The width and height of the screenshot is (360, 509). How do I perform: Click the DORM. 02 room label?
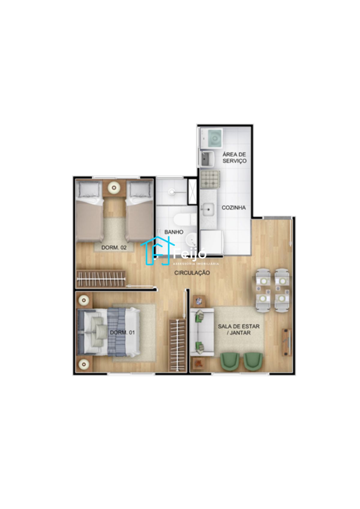coord(114,248)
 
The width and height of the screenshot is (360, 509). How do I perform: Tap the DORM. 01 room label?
coord(122,333)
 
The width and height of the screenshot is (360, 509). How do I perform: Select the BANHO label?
coord(174,232)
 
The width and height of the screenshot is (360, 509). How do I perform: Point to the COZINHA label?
coord(234,208)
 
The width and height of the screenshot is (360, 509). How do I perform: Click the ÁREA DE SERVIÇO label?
coord(234,157)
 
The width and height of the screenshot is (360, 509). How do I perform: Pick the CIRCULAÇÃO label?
coord(192,273)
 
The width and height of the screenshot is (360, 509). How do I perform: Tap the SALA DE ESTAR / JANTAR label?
coord(238,329)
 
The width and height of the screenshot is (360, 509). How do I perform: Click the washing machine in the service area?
coord(211,138)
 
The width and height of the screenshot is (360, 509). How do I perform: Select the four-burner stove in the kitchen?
coord(210,180)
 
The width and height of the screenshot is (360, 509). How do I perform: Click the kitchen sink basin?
coord(207,209)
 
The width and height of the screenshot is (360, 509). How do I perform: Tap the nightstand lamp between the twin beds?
coord(114,188)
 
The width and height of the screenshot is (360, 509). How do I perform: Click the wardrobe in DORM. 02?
coord(101,279)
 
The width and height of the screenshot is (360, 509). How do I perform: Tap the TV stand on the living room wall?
coord(287,342)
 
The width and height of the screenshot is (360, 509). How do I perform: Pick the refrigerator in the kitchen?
coord(211,243)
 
